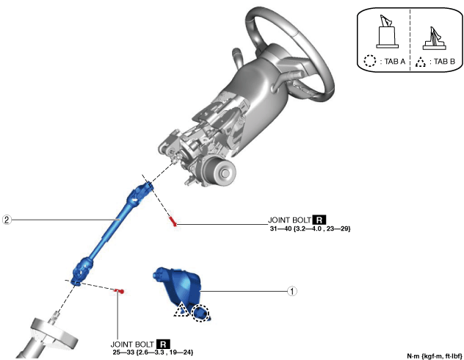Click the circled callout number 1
(x=292, y=292)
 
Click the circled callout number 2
(x=7, y=220)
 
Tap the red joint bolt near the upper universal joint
(x=173, y=221)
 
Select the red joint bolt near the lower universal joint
(x=119, y=292)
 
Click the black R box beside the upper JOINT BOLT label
(x=319, y=220)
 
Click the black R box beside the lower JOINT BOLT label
(x=163, y=344)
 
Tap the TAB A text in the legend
(x=395, y=61)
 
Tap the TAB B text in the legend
(x=444, y=61)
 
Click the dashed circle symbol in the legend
(x=370, y=61)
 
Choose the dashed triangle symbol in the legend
(x=420, y=62)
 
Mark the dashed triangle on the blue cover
(x=181, y=310)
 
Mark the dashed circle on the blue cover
(x=200, y=313)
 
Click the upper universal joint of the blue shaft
(x=140, y=192)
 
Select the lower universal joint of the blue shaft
(x=81, y=270)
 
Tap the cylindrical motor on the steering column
(x=219, y=171)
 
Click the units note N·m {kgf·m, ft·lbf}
(x=435, y=356)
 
